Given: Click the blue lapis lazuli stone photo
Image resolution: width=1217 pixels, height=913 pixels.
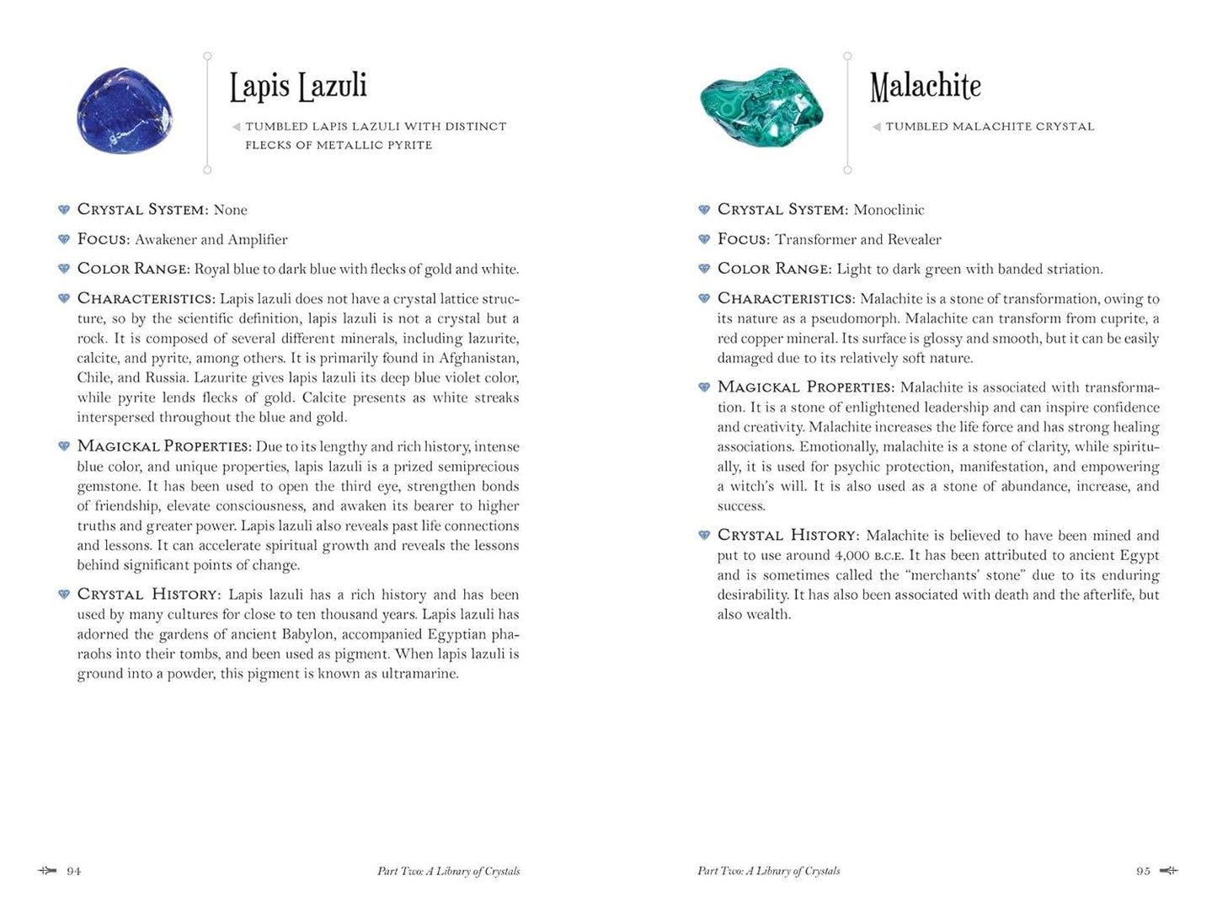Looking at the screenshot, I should pos(124,110).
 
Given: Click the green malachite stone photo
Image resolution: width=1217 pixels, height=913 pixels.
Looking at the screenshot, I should pos(761,108).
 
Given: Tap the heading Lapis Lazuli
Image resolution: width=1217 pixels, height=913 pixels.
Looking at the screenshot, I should pos(298,86).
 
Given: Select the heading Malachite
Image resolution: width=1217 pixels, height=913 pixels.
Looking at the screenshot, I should pos(925,86).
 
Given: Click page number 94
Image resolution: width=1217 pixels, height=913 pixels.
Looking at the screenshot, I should pos(74,871).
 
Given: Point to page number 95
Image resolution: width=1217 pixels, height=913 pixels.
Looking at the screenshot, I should pos(1143,871).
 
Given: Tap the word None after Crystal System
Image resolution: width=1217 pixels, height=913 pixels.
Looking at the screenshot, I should pos(230,210).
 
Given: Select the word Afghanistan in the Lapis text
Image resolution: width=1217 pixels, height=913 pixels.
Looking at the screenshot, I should pos(478,358).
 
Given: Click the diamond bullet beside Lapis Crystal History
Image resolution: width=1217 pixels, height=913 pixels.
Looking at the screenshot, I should pos(64,595).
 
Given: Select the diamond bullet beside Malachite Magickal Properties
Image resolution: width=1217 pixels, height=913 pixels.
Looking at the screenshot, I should pos(704,387).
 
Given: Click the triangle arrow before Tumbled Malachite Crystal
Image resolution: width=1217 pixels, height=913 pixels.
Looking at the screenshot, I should pos(876,127).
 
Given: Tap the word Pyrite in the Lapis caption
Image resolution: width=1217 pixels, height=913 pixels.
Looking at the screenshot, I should pos(407,145).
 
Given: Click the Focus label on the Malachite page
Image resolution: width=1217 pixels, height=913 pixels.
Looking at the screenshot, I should pos(743,239).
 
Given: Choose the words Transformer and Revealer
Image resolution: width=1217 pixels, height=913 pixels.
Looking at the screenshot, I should pos(858,239).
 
